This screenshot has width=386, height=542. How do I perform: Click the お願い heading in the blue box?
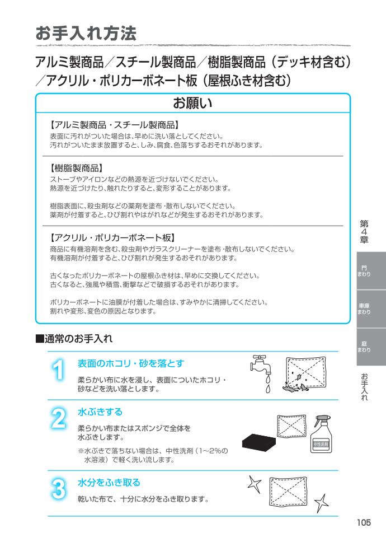[192, 104]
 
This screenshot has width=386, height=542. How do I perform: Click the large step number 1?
[59, 372]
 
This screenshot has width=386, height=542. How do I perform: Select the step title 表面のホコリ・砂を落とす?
[131, 363]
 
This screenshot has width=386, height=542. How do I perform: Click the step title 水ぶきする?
[100, 413]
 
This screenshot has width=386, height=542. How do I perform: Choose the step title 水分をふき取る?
[109, 482]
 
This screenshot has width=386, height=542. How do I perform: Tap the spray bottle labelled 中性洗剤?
[321, 438]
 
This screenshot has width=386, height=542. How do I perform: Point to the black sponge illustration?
[260, 442]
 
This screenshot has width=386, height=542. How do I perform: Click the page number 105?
[364, 523]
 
